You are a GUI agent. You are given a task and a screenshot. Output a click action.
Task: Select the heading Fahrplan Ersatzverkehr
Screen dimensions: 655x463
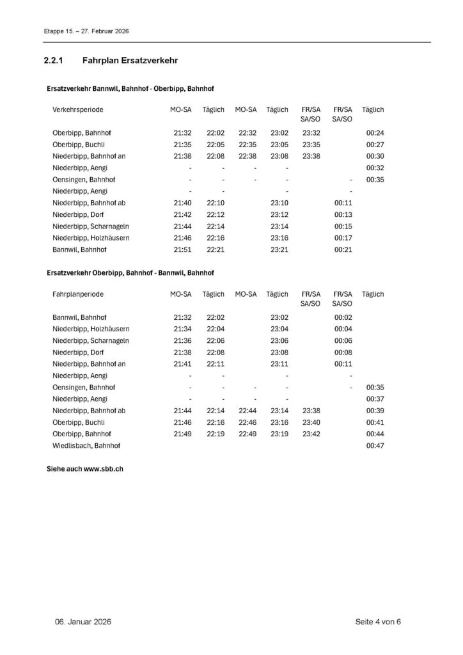pyautogui.click(x=129, y=61)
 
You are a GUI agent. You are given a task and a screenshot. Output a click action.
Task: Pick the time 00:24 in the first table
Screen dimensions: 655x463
pyautogui.click(x=375, y=132)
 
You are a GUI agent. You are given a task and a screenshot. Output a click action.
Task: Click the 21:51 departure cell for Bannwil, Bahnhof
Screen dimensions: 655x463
pyautogui.click(x=182, y=249)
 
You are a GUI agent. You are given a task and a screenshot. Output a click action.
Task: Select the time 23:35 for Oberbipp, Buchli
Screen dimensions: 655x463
pyautogui.click(x=311, y=145)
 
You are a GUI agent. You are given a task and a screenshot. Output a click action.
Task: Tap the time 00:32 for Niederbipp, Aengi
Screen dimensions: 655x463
pyautogui.click(x=375, y=168)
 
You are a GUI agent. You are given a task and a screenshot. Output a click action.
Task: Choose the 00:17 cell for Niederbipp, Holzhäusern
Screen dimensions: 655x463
pyautogui.click(x=343, y=237)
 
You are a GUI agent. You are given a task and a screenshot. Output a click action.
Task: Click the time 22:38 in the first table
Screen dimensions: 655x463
pyautogui.click(x=246, y=156)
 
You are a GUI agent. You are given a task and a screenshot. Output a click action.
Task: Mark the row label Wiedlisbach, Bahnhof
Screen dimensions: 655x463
pyautogui.click(x=86, y=445)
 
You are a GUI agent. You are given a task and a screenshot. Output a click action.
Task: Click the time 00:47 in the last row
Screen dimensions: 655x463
pyautogui.click(x=375, y=445)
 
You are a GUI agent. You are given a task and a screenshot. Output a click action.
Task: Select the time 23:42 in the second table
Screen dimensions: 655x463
pyautogui.click(x=311, y=434)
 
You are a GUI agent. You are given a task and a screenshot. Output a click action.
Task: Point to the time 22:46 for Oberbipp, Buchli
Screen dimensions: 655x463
pyautogui.click(x=246, y=422)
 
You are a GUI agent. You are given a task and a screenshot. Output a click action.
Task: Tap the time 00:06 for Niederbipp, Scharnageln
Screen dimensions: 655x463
pyautogui.click(x=343, y=340)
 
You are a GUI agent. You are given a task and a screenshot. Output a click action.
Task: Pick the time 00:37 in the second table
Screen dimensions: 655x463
pyautogui.click(x=375, y=399)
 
